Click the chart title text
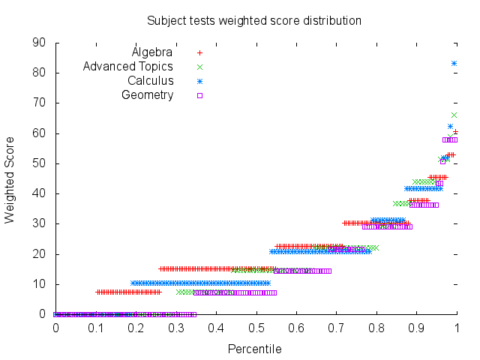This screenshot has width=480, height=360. [x=253, y=20]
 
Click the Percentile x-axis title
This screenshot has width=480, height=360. [x=254, y=349]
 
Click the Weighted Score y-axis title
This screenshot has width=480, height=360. [x=10, y=179]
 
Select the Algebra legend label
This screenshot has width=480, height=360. [x=152, y=52]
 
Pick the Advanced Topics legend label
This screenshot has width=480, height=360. [x=128, y=67]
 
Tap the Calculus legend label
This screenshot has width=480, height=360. [x=150, y=81]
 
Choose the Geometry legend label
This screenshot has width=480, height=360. [x=148, y=95]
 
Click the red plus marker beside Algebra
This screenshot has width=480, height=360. [x=199, y=52]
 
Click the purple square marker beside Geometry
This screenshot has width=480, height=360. [x=199, y=95]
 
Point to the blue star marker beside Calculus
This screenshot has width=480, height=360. [x=199, y=81]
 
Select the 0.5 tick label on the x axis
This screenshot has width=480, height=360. [x=256, y=328]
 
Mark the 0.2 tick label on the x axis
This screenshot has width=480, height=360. [x=136, y=328]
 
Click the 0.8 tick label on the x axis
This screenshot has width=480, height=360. [x=376, y=328]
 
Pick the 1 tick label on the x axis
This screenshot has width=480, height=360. [x=456, y=328]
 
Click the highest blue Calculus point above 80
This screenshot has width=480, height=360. [x=454, y=63]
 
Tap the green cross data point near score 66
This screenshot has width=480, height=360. [x=454, y=115]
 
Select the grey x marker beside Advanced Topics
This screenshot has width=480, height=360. [x=199, y=67]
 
